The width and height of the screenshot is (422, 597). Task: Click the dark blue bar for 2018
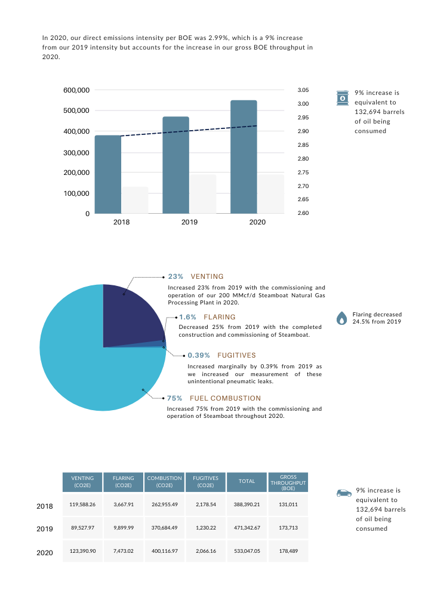click(x=108, y=174)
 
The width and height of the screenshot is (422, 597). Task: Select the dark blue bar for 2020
click(x=244, y=157)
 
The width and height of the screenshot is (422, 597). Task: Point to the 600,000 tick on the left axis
click(x=76, y=90)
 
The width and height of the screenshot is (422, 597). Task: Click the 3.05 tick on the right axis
click(x=303, y=90)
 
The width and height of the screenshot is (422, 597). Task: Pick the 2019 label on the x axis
click(x=189, y=222)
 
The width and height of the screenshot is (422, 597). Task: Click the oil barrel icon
click(x=343, y=98)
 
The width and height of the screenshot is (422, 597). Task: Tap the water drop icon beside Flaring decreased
click(x=341, y=318)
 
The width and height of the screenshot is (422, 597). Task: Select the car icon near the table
click(x=343, y=493)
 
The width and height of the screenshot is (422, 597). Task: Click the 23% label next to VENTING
click(x=175, y=277)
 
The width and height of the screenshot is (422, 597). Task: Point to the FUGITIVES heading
click(x=237, y=355)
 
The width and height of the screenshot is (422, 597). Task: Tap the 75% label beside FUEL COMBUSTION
click(x=174, y=398)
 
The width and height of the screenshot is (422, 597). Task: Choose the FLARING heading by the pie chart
click(x=219, y=317)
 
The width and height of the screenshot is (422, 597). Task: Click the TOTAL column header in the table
click(x=247, y=481)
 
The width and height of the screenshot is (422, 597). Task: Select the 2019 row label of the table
click(x=45, y=529)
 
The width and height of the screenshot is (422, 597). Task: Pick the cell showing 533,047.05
click(x=247, y=552)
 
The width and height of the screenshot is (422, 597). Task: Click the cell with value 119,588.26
click(x=82, y=505)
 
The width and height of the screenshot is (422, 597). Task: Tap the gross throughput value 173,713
click(x=288, y=529)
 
